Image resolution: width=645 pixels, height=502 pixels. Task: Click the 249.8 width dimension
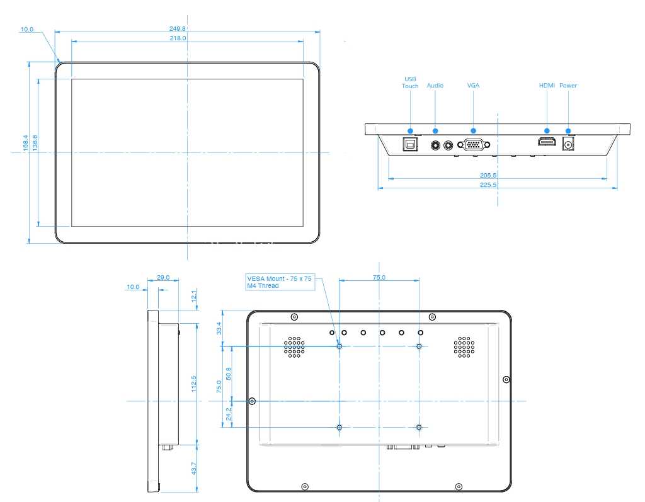(177, 29)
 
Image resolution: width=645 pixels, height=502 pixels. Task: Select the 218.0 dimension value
(178, 38)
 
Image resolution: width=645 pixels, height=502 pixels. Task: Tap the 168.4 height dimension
(25, 143)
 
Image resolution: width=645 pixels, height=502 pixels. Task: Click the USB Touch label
(410, 83)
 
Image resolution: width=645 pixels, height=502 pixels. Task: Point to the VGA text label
(473, 85)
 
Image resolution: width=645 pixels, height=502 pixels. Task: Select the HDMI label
(547, 85)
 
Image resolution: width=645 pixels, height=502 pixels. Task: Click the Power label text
(568, 85)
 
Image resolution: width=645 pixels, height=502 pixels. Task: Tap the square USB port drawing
(410, 144)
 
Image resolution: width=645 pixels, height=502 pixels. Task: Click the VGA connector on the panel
(474, 145)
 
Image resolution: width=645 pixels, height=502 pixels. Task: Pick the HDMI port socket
(547, 142)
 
